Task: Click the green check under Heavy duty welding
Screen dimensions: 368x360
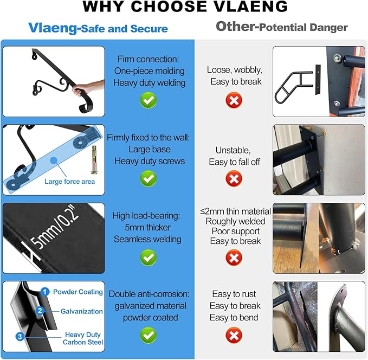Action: [x=149, y=100]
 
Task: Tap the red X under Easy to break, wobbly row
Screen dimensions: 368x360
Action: [x=234, y=100]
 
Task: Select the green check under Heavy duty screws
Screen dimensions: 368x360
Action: [x=149, y=179]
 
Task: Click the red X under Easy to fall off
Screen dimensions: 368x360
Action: [x=234, y=179]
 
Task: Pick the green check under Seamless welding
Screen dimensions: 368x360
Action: [x=149, y=258]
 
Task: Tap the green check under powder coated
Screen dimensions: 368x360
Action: [x=149, y=335]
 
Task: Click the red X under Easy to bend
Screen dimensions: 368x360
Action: [x=234, y=335]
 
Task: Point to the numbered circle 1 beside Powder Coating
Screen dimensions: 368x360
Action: [x=44, y=292]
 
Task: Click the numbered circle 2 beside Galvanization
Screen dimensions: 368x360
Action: [x=40, y=311]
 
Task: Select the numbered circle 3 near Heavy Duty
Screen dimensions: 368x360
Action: [x=20, y=337]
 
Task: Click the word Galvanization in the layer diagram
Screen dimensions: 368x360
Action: [x=81, y=311]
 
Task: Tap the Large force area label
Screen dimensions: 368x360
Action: [x=70, y=182]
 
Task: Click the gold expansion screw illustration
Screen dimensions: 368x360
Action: [x=94, y=159]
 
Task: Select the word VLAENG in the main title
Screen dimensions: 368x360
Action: [x=250, y=7]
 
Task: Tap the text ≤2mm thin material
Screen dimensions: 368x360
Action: [x=236, y=211]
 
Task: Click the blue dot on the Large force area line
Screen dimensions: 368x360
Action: [x=54, y=160]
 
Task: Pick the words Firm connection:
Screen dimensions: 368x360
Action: [x=148, y=59]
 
